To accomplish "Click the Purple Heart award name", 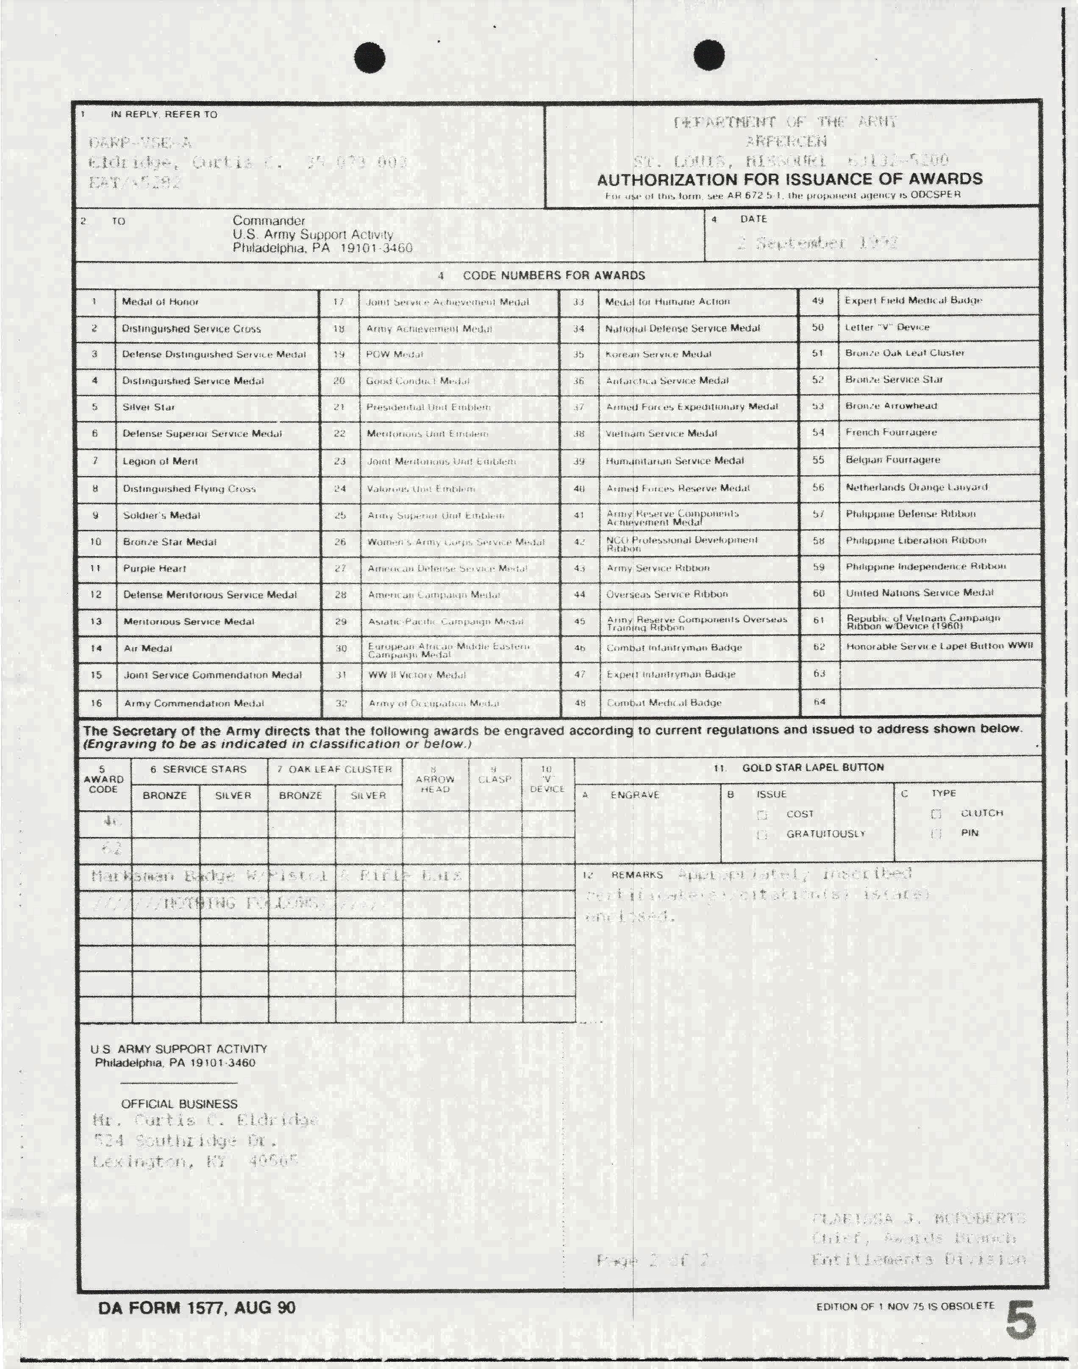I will point(155,568).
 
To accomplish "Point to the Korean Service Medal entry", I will point(658,354).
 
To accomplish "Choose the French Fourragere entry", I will point(891,432).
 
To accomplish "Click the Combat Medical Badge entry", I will point(664,702).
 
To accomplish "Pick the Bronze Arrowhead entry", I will point(891,406).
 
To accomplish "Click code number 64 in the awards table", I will point(819,701).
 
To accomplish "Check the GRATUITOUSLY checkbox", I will point(762,834).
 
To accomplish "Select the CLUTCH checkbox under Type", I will point(936,814).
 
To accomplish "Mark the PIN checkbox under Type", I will point(936,833).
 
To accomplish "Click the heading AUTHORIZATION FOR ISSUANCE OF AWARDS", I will point(789,179).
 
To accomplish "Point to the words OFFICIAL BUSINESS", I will point(179,1104).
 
